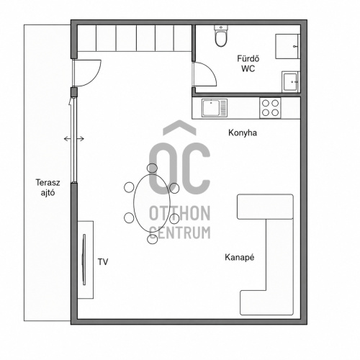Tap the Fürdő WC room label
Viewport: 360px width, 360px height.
click(248, 63)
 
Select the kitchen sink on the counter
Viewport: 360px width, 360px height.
click(215, 108)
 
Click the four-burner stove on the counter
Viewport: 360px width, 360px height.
click(270, 108)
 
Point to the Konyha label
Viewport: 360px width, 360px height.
click(243, 132)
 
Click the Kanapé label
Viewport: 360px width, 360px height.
click(240, 257)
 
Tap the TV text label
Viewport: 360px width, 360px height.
click(103, 262)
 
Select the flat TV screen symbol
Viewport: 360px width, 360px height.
click(84, 260)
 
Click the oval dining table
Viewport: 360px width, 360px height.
click(152, 203)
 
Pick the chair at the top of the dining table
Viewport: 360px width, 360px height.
click(152, 168)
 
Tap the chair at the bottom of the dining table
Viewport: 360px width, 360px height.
click(153, 239)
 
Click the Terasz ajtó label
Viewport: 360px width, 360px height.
click(48, 188)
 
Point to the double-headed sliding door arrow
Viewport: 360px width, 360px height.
click(74, 139)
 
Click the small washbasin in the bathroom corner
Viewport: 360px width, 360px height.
click(291, 82)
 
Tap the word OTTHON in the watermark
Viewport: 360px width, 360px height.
click(180, 213)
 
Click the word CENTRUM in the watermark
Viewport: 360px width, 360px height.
click(180, 233)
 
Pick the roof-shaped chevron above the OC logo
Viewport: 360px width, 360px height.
click(179, 127)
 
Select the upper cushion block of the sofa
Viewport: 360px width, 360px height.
click(265, 207)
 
